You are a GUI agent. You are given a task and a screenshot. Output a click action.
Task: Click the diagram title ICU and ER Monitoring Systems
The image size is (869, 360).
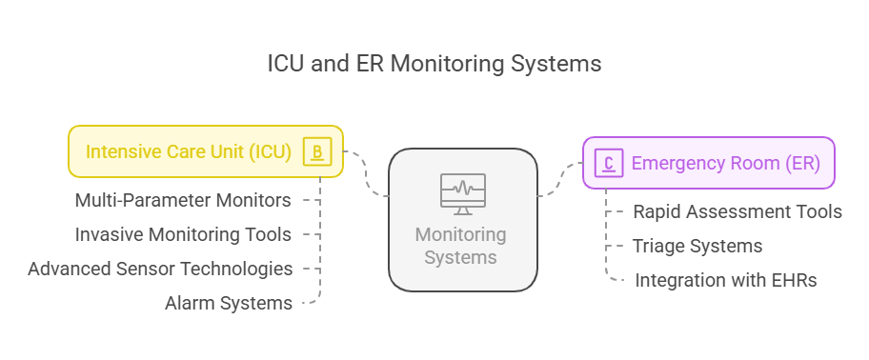(434, 64)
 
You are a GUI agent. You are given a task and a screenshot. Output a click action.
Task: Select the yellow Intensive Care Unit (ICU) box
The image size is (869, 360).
(205, 151)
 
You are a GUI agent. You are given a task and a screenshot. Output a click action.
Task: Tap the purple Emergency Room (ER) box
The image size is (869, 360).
(708, 163)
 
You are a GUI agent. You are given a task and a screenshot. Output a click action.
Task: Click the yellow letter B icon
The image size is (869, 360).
(317, 151)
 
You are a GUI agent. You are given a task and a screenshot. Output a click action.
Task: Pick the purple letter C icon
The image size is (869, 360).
(608, 163)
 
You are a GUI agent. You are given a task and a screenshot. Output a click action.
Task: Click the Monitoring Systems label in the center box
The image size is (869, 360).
(462, 245)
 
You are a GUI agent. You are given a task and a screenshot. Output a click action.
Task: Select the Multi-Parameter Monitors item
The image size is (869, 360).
(183, 200)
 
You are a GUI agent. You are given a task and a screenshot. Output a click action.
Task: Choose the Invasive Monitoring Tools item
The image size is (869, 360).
(183, 234)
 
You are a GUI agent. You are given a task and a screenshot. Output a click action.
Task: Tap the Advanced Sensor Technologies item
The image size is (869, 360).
(160, 269)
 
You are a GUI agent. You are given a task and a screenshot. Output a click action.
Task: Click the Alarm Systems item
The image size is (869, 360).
(229, 303)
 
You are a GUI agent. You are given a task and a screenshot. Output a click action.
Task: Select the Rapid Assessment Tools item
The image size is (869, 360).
(737, 211)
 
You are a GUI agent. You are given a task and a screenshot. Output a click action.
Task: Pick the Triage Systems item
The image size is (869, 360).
(697, 246)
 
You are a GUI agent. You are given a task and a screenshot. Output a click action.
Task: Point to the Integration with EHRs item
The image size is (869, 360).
(725, 280)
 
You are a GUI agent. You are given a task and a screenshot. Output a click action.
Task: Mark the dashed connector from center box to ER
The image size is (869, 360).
(560, 179)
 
